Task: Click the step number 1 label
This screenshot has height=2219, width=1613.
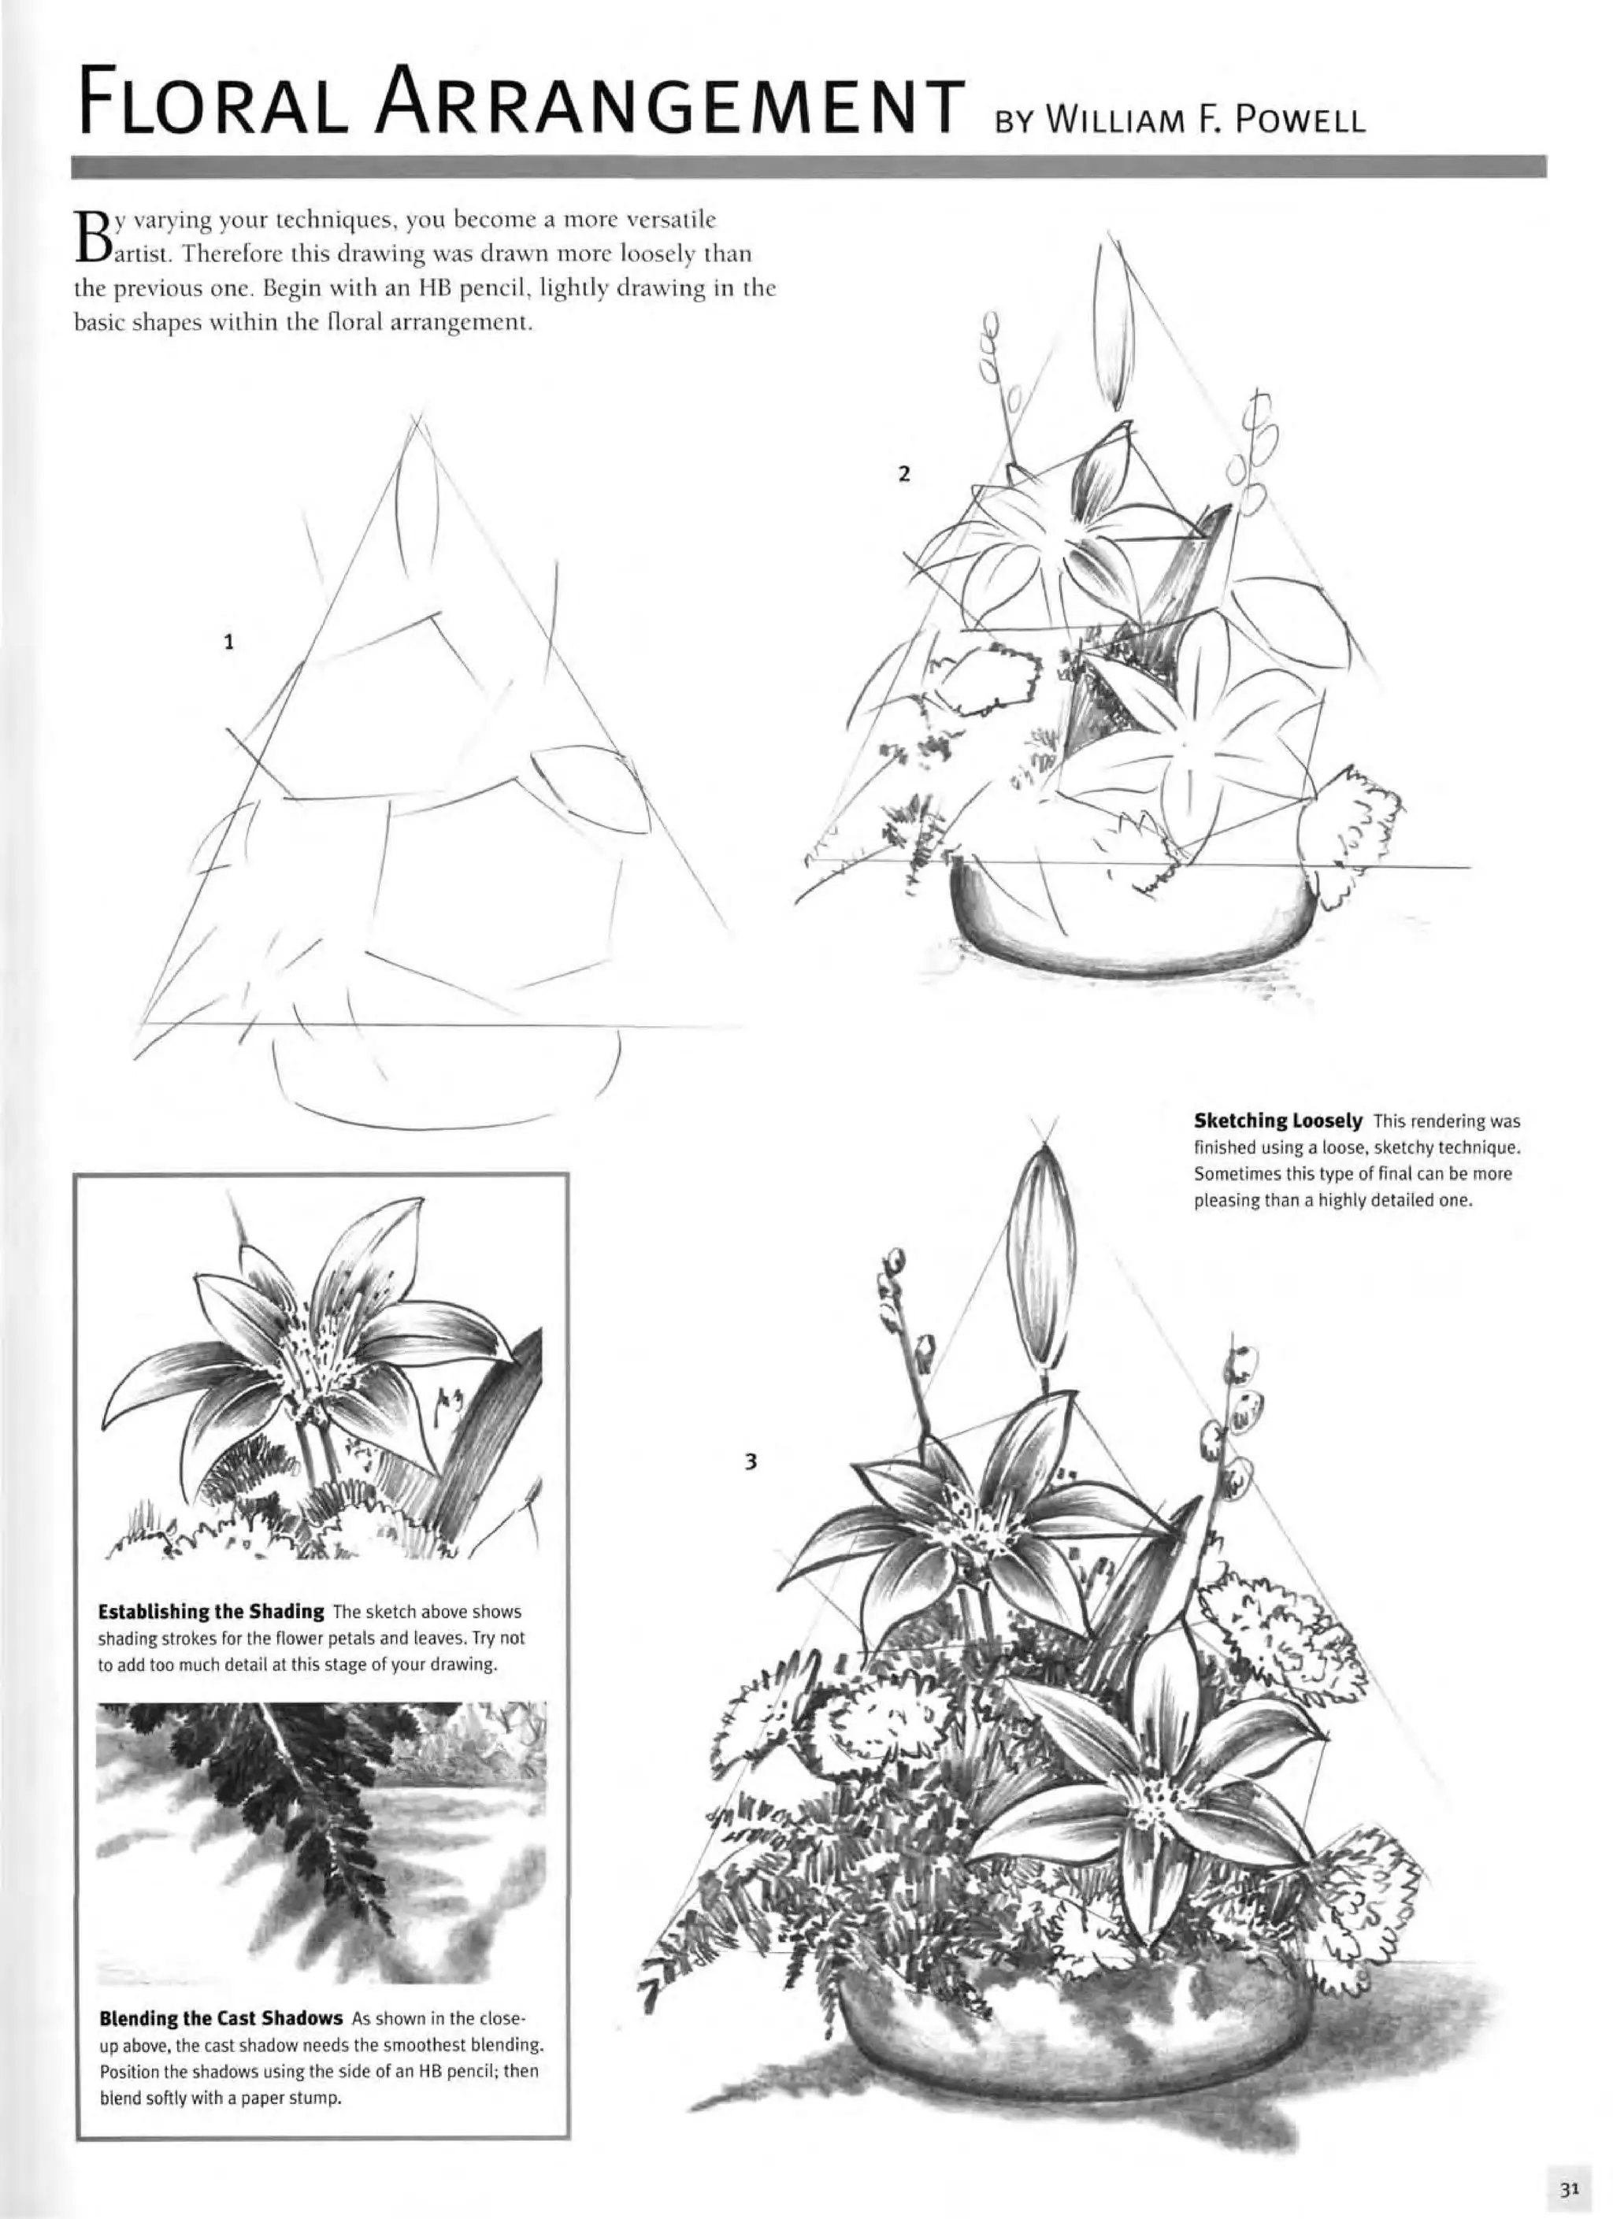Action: click(228, 643)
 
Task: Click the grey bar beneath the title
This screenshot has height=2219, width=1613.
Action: click(808, 167)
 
